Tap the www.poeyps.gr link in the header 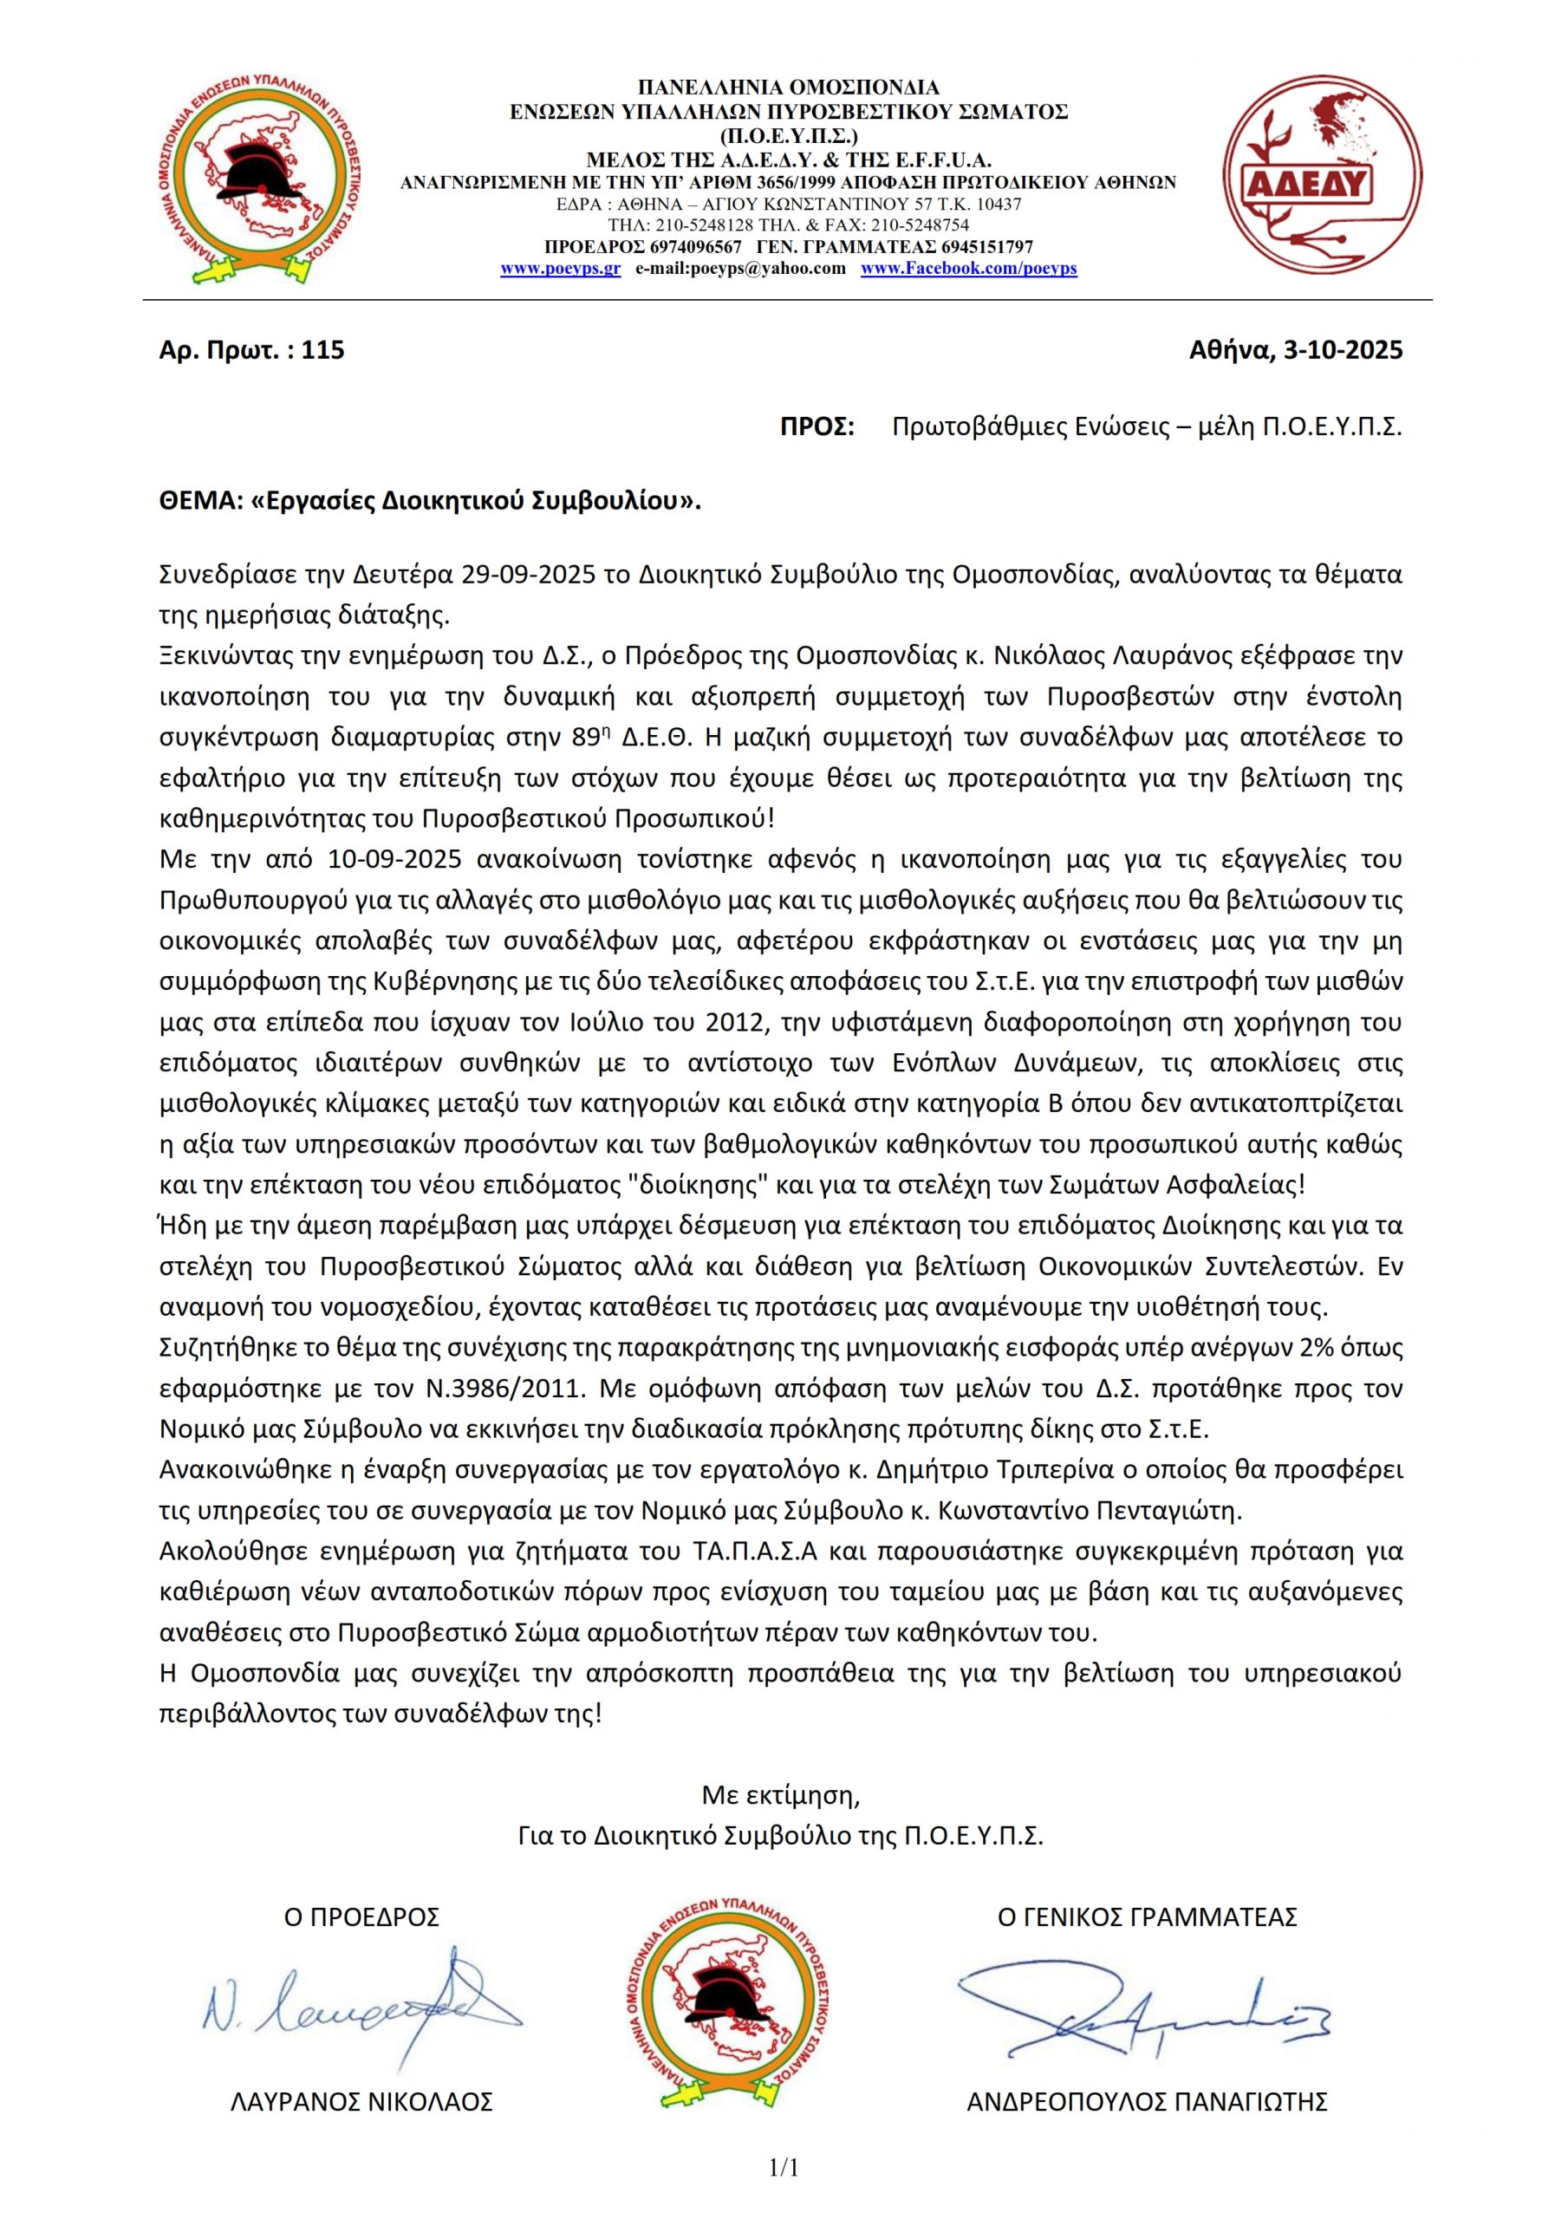click(560, 269)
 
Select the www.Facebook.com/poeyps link click(969, 269)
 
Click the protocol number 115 click(323, 350)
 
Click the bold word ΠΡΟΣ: click(817, 427)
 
